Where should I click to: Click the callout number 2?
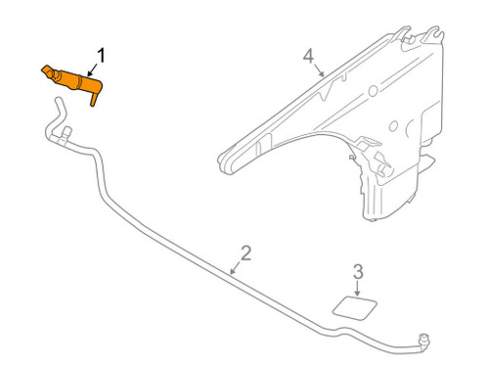point(245,253)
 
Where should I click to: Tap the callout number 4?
point(309,56)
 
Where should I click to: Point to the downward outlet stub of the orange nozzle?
point(94,100)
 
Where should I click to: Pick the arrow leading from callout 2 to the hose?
point(235,266)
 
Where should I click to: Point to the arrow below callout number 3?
point(356,290)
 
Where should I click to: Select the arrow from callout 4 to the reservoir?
point(321,70)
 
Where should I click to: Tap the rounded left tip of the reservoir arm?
point(223,154)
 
